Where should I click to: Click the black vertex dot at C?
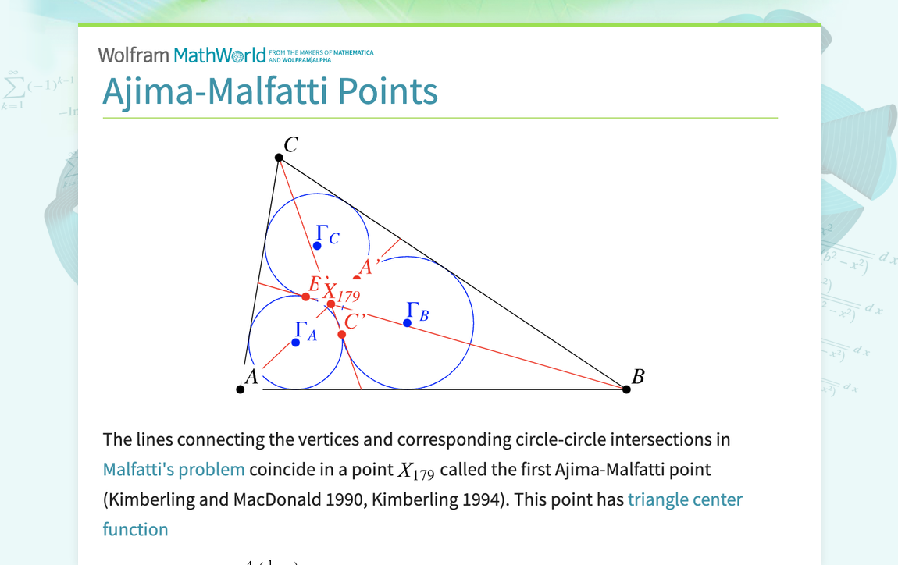pos(279,158)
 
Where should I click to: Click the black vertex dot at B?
pos(626,389)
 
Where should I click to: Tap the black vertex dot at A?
pos(241,389)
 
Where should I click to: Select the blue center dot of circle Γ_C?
pos(317,246)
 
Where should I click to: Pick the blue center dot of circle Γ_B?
pos(408,322)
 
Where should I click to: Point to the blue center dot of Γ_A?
pos(296,343)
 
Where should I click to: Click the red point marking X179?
pos(331,304)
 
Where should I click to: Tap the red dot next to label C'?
pos(342,335)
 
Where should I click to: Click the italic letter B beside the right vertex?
pos(638,377)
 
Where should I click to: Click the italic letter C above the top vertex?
pos(290,144)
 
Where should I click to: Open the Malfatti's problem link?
pos(173,470)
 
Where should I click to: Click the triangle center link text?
pos(685,499)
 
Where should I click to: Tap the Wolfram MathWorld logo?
pos(182,55)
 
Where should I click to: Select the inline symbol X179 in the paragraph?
pos(416,471)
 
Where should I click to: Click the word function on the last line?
pos(135,529)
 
